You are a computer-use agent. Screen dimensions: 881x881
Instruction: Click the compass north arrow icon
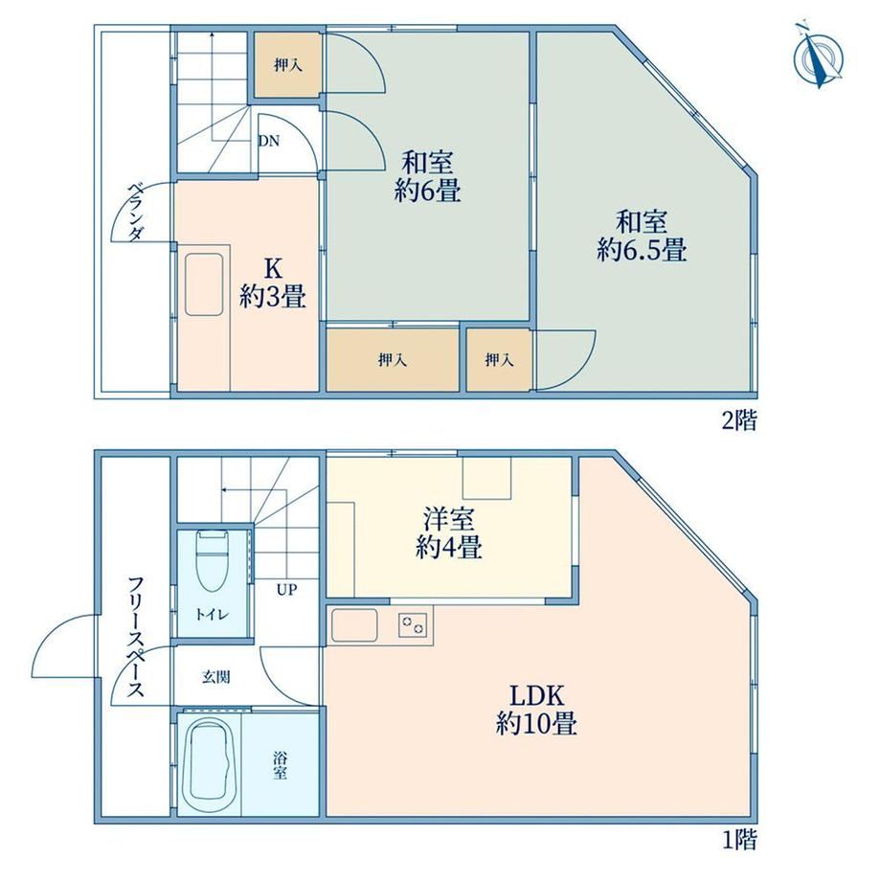click(x=818, y=56)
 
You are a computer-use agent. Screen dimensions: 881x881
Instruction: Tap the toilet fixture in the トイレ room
click(x=212, y=561)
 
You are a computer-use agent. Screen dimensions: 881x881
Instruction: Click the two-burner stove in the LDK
click(x=413, y=624)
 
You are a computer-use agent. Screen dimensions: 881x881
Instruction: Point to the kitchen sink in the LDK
click(x=354, y=625)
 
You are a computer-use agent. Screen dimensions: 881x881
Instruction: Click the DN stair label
click(x=269, y=141)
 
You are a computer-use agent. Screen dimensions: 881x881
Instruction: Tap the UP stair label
click(x=286, y=590)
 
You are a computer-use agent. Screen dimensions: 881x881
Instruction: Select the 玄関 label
click(x=215, y=677)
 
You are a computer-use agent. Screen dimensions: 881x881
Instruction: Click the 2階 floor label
click(x=739, y=420)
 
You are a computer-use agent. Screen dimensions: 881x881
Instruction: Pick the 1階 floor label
click(x=739, y=840)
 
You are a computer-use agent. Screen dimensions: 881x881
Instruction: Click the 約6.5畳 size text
click(x=641, y=249)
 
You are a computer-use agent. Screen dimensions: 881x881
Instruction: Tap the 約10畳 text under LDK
click(x=536, y=723)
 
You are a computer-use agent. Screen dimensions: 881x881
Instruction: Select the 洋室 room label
click(x=449, y=519)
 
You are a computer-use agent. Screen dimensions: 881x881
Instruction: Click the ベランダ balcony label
click(x=135, y=212)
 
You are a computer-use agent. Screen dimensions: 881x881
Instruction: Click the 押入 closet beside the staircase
click(x=287, y=65)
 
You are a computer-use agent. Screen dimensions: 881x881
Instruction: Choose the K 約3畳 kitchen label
click(x=273, y=282)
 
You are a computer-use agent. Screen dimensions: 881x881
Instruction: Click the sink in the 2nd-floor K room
click(x=204, y=284)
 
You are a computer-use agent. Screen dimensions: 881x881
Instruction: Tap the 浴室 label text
click(x=281, y=765)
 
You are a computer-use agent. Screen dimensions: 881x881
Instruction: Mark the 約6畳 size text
click(x=428, y=191)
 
